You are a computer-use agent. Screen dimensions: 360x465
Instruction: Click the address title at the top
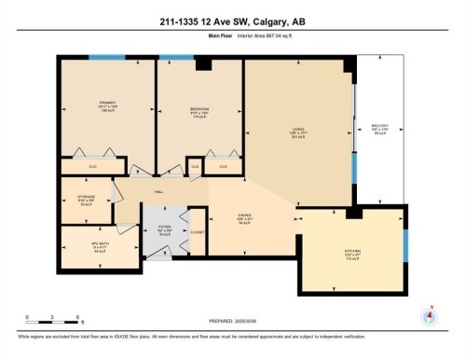coord(232,21)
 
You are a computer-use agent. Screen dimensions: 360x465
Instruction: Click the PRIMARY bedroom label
coord(107,104)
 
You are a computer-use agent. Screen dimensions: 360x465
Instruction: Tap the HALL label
coord(158,192)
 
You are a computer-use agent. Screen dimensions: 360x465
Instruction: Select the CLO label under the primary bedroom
coord(93,167)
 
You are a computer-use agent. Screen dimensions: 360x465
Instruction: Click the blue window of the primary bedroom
coord(106,58)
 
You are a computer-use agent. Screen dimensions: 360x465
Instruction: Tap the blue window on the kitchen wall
coord(405,245)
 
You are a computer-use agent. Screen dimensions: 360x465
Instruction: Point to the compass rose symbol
coord(429,315)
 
